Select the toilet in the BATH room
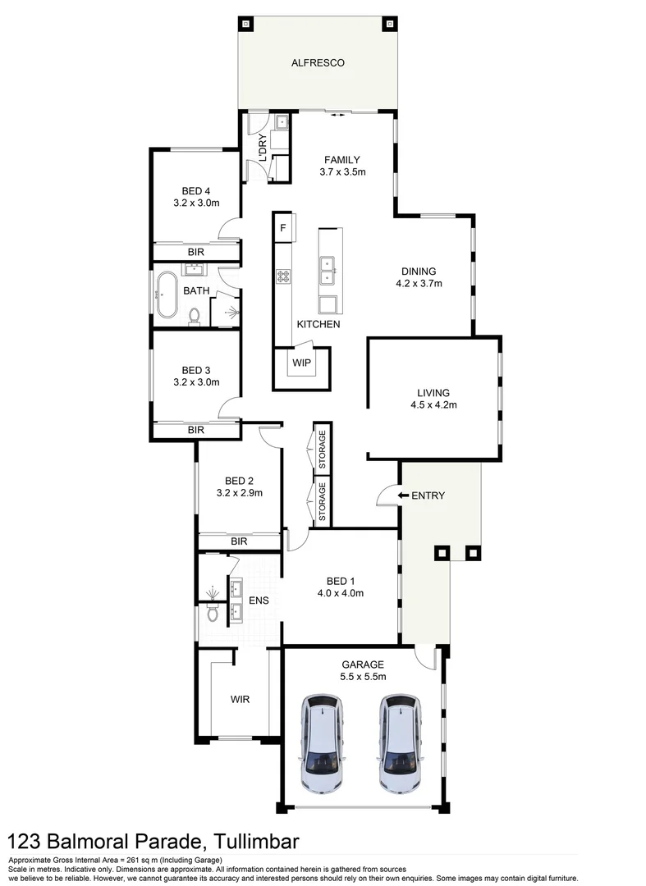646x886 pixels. (195, 314)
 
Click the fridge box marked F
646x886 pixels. (283, 227)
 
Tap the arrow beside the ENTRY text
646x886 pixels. (403, 496)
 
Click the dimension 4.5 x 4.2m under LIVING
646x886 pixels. (433, 405)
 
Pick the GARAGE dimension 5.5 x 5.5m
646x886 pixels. (363, 676)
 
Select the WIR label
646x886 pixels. (240, 699)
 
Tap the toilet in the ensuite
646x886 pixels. (213, 612)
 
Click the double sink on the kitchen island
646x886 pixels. (328, 264)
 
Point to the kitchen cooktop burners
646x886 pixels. (284, 277)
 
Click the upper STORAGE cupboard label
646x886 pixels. (323, 449)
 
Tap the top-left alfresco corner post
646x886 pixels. (245, 24)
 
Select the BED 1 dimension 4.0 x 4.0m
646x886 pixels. (340, 592)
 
